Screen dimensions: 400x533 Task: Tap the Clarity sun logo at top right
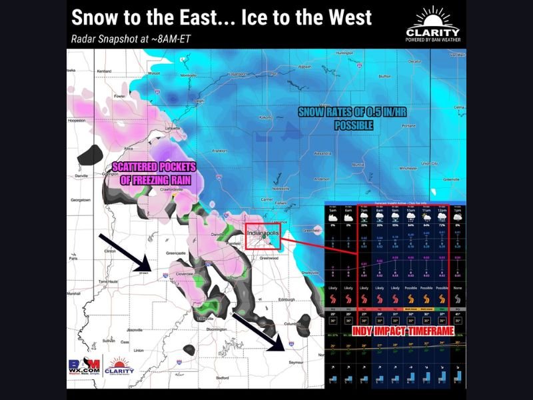point(432,19)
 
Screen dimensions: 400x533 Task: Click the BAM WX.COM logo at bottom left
point(83,367)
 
